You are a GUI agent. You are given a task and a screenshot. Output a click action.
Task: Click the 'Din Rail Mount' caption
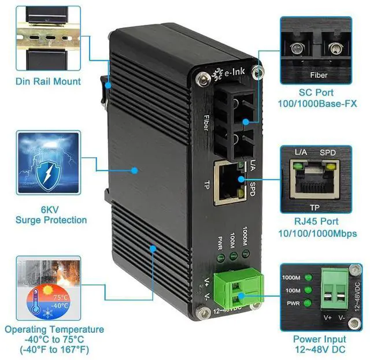(49, 81)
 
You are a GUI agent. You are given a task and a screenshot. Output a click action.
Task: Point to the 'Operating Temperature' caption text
(54, 329)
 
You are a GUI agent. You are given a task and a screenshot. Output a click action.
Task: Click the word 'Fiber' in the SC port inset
(319, 75)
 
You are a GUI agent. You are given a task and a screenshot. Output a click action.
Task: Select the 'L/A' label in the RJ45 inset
(301, 152)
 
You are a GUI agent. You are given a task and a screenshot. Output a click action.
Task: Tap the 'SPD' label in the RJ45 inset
(328, 152)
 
